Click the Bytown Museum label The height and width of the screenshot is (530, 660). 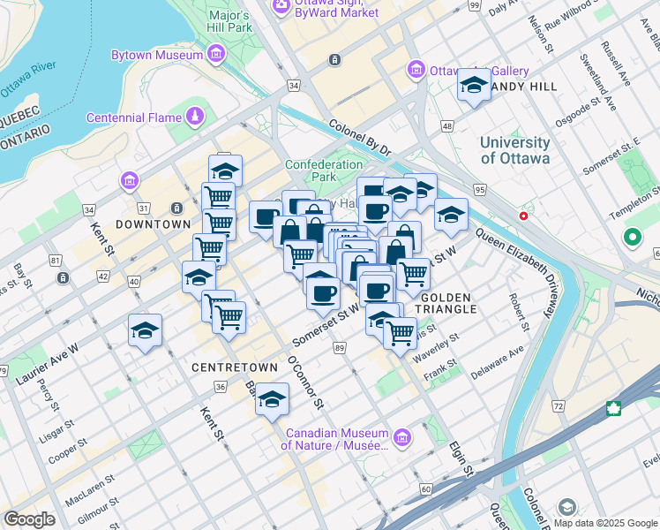(155, 55)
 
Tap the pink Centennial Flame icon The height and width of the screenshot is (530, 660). (194, 117)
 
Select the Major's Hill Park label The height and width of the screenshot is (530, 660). (230, 22)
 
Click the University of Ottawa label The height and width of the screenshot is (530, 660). (515, 150)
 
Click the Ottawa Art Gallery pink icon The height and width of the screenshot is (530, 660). (416, 70)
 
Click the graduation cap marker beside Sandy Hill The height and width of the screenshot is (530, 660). (474, 86)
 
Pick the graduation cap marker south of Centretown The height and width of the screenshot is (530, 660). (273, 399)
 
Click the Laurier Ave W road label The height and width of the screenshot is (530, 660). (46, 364)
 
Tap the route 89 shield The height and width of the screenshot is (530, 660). (340, 351)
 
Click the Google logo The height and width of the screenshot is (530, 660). (29, 519)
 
